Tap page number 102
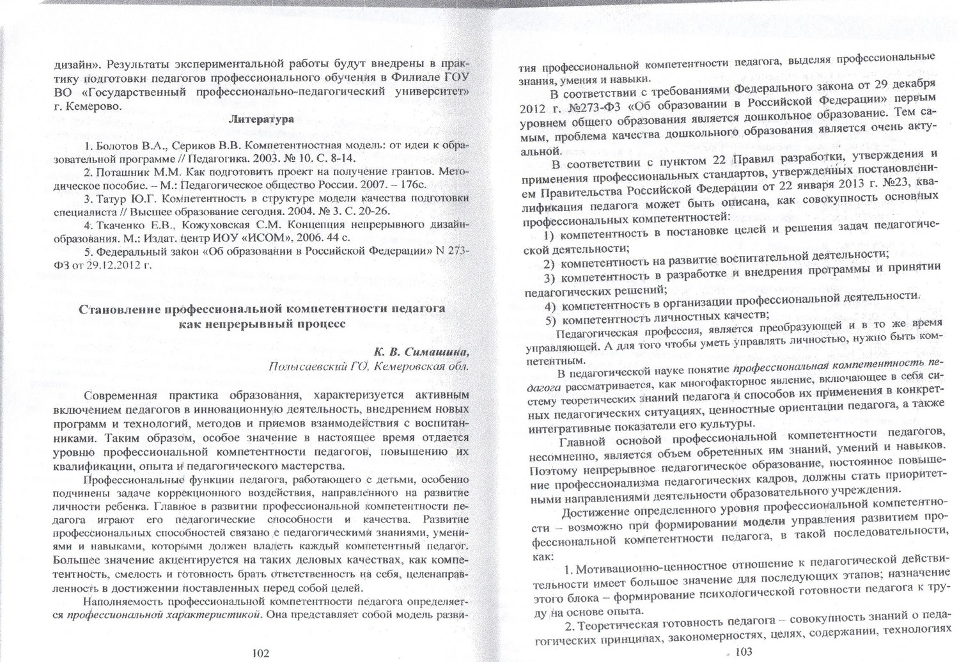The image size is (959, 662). click(x=260, y=652)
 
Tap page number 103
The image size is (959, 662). click(x=744, y=651)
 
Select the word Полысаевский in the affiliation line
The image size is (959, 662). click(x=300, y=367)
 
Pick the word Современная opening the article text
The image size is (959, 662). click(x=118, y=395)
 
